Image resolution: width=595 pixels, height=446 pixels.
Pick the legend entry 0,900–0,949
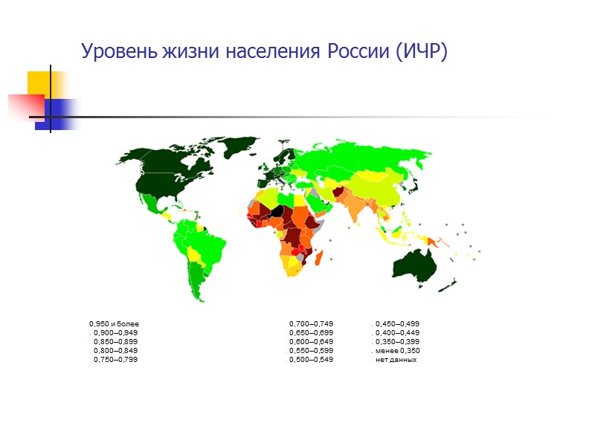point(115,333)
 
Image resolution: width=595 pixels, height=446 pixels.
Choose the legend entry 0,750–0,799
point(115,360)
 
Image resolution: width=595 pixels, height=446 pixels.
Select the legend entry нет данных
point(396,360)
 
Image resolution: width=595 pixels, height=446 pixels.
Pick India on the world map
point(358,207)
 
